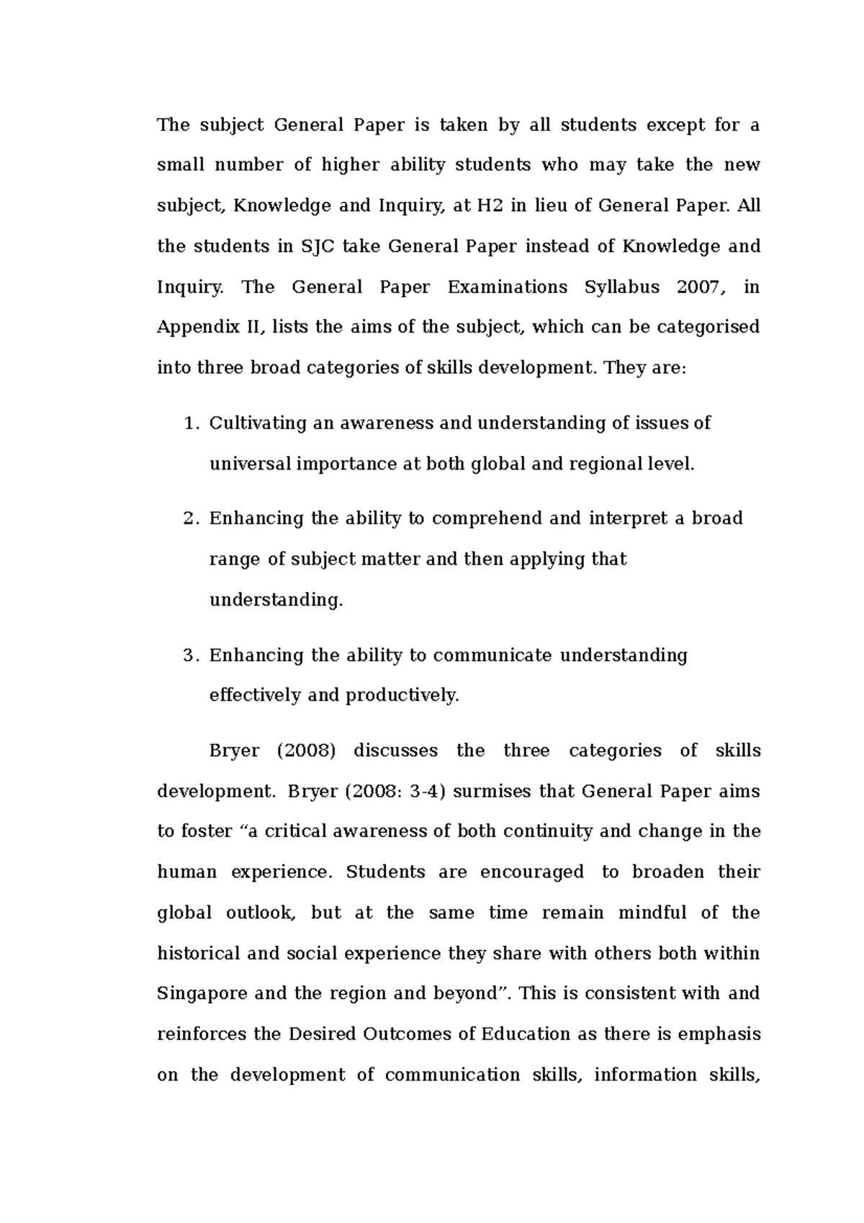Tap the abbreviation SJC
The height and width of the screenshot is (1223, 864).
pos(315,247)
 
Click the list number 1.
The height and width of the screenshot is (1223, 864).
pos(190,424)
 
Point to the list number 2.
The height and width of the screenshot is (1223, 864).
pos(190,519)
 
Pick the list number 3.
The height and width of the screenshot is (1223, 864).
pos(190,656)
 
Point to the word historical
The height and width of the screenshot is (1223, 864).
pos(199,954)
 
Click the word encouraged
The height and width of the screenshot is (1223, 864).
pos(532,872)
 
